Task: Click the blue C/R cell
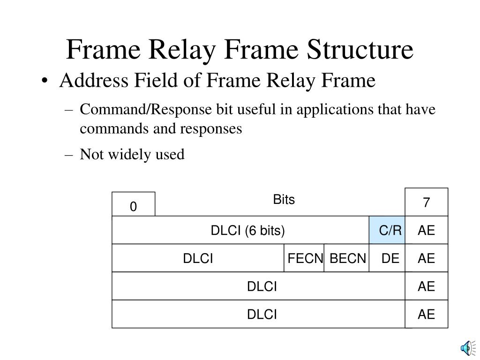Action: pos(387,230)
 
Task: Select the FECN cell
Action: pos(304,258)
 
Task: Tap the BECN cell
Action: pos(347,258)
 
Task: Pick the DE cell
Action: pos(387,258)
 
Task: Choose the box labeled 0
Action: pos(134,204)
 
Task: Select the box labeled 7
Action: pos(427,202)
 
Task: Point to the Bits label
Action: pos(284,200)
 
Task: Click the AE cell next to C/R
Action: pos(427,230)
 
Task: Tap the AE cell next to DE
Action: pos(427,258)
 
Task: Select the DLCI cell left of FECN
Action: pos(198,258)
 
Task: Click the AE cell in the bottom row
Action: pos(427,314)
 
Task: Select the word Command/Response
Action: pos(146,110)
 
